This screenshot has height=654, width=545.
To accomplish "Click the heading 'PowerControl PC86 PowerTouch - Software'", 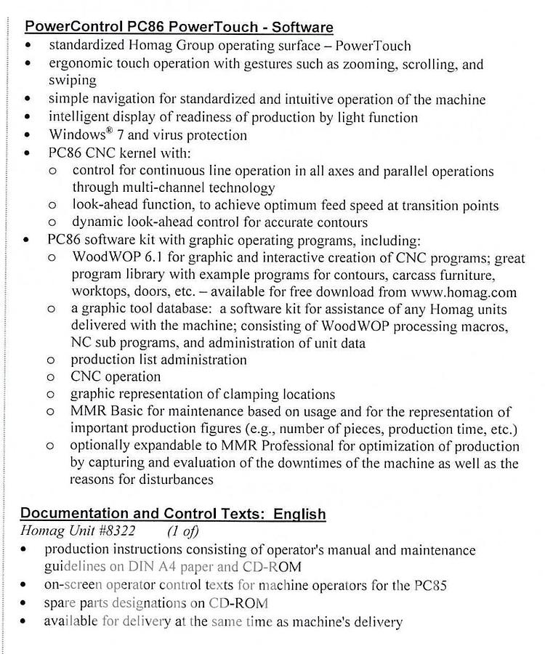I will pyautogui.click(x=179, y=28).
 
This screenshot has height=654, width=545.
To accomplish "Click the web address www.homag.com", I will pyautogui.click(x=464, y=293).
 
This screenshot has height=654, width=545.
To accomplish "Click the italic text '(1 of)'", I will pyautogui.click(x=183, y=532).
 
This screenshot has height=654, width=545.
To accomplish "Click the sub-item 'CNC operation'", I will pyautogui.click(x=116, y=376).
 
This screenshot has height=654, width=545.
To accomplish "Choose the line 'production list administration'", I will pyautogui.click(x=158, y=360).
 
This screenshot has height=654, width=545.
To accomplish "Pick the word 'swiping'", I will pyautogui.click(x=73, y=81).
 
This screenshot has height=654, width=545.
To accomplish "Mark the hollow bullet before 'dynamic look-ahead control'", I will pyautogui.click(x=52, y=223).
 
